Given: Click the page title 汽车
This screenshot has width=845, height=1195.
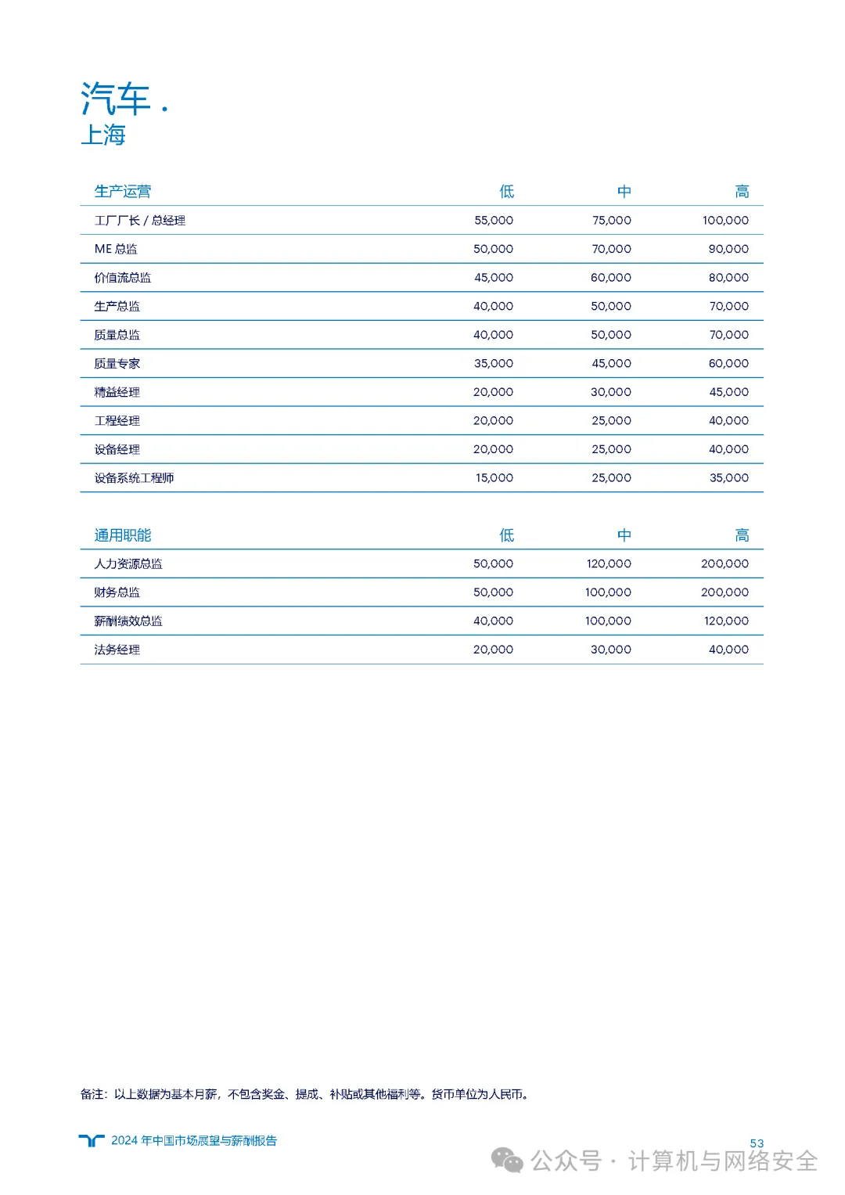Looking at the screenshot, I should click(x=115, y=99).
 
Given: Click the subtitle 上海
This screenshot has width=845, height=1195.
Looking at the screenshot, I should click(x=102, y=135).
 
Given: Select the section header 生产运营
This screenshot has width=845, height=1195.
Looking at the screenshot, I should click(x=122, y=192).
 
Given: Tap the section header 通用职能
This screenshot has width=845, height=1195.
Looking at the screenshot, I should click(x=122, y=535).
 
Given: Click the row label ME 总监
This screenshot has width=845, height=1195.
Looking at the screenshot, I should click(x=116, y=249).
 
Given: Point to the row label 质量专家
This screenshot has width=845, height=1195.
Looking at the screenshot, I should click(x=117, y=363).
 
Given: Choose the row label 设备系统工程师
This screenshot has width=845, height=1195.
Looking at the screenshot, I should click(x=134, y=477).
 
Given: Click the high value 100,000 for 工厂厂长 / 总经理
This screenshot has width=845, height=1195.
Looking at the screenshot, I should click(x=725, y=221).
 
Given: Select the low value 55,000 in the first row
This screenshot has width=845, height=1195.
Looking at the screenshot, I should click(x=494, y=221).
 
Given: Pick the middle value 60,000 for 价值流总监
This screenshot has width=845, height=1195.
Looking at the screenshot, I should click(x=611, y=278).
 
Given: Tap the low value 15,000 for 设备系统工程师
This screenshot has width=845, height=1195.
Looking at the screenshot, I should click(x=494, y=477).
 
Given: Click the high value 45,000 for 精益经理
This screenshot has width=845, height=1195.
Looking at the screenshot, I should click(x=728, y=392).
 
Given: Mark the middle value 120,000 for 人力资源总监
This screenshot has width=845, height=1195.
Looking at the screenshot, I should click(x=609, y=563).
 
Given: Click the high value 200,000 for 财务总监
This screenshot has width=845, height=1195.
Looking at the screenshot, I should click(x=725, y=592).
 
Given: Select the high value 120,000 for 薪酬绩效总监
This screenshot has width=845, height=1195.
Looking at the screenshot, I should click(x=726, y=621).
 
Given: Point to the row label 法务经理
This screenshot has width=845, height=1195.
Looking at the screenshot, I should click(x=117, y=650).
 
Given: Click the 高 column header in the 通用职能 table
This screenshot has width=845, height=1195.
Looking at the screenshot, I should click(x=742, y=535).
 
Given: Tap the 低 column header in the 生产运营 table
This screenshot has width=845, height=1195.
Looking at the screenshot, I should click(x=507, y=192).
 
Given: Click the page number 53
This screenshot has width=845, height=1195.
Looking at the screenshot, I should click(x=757, y=1143).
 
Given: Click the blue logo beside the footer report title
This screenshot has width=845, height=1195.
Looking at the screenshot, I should click(x=92, y=1140).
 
